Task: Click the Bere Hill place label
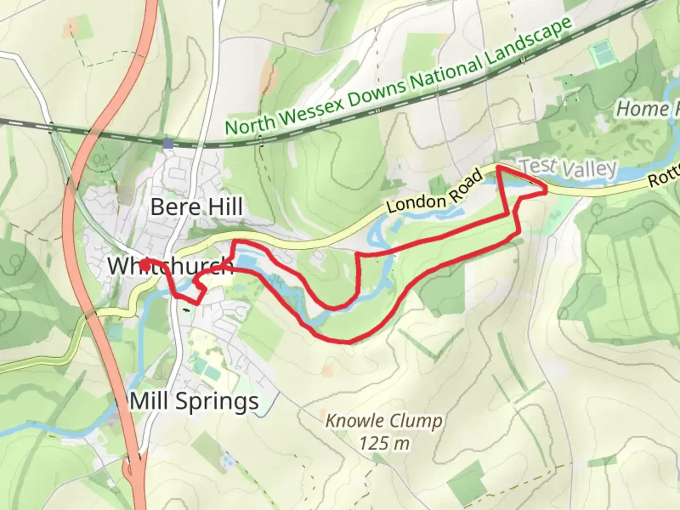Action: (196, 207)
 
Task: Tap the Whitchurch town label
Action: (170, 266)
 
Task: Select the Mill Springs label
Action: (194, 402)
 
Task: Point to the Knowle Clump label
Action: (383, 421)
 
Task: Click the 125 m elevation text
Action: (383, 443)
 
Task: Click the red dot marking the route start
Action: (145, 265)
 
